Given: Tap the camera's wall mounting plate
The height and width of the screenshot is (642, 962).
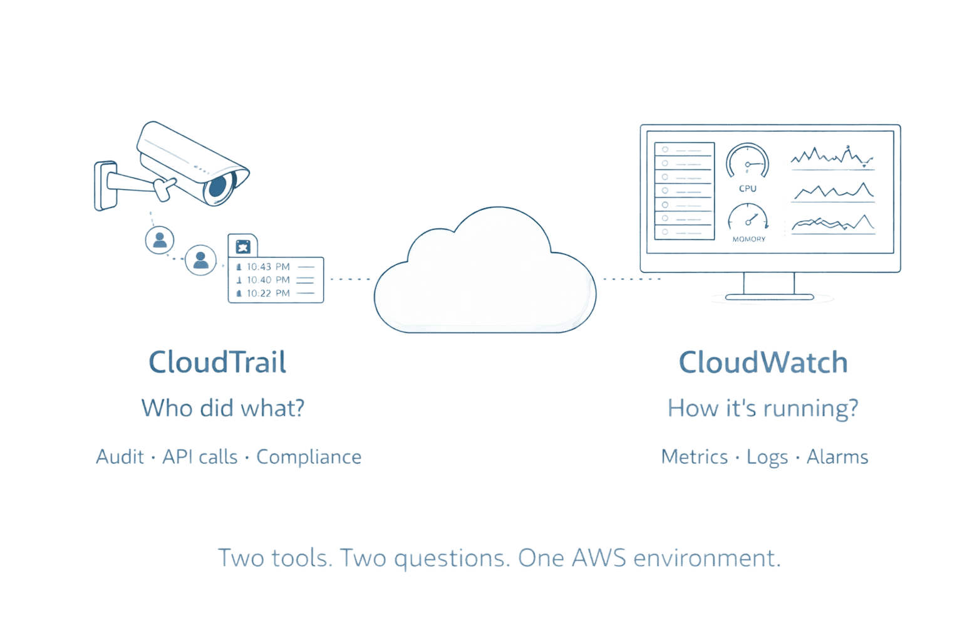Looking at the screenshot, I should (105, 186).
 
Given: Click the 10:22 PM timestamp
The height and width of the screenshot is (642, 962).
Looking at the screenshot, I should (268, 293).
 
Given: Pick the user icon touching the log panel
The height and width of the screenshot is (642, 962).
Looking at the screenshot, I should (200, 259).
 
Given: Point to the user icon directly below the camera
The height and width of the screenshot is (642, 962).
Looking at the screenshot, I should (160, 239).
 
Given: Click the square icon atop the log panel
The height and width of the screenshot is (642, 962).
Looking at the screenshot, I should (242, 246).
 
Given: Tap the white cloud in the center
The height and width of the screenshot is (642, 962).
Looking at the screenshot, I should (484, 276).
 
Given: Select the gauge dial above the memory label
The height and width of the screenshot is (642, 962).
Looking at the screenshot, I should (748, 218).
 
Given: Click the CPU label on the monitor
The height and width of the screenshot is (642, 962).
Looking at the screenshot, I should (748, 188).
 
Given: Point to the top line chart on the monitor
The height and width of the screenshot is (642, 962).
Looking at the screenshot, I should (832, 158).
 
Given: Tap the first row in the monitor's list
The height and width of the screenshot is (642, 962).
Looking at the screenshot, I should (684, 150).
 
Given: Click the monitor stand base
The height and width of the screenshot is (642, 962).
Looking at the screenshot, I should (772, 297).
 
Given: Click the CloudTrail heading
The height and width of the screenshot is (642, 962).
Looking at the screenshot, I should (217, 362).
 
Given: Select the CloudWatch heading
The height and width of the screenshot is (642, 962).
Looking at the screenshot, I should (763, 362).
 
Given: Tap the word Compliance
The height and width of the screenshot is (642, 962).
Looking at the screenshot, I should (309, 457).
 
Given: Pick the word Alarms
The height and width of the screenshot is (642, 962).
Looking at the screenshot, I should (837, 457).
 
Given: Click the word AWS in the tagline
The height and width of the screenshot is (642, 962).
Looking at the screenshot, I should (598, 557).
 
